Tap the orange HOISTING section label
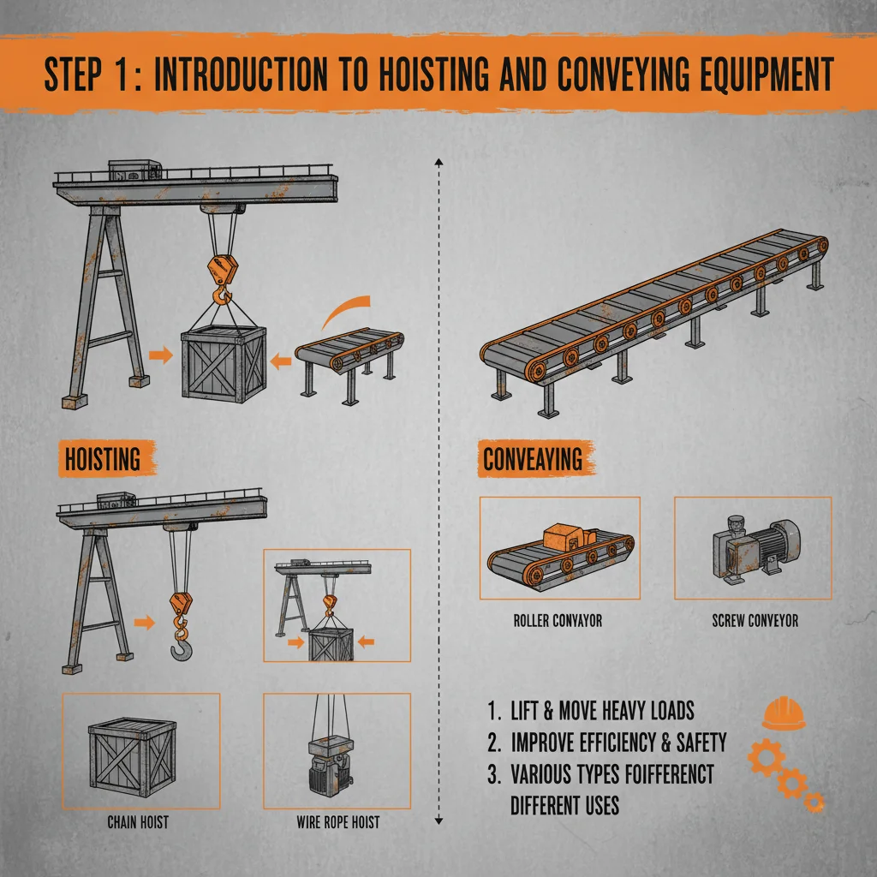102,459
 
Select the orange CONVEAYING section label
533,459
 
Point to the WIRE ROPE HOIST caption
337,823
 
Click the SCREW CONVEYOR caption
755,620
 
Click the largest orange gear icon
767,757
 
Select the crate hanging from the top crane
224,362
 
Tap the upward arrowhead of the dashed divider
438,160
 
